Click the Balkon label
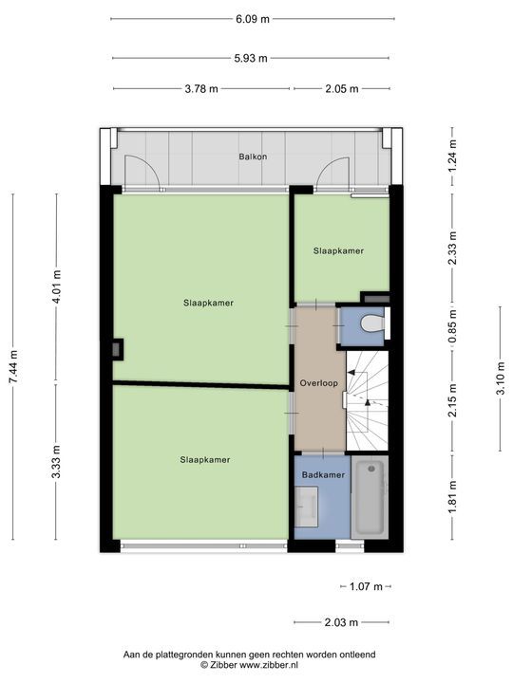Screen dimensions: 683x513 (x=252, y=157)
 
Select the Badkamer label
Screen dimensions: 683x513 (x=323, y=473)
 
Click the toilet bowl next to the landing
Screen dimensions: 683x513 (x=370, y=324)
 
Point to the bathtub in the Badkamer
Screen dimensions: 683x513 (x=370, y=498)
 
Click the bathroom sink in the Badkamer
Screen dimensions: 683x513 (x=307, y=508)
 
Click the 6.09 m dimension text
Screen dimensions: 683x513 (x=252, y=18)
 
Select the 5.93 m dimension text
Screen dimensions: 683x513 (x=252, y=58)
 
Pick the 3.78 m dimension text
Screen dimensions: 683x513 (x=200, y=89)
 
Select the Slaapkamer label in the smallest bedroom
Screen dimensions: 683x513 (x=339, y=250)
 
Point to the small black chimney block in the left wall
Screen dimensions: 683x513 (x=116, y=349)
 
